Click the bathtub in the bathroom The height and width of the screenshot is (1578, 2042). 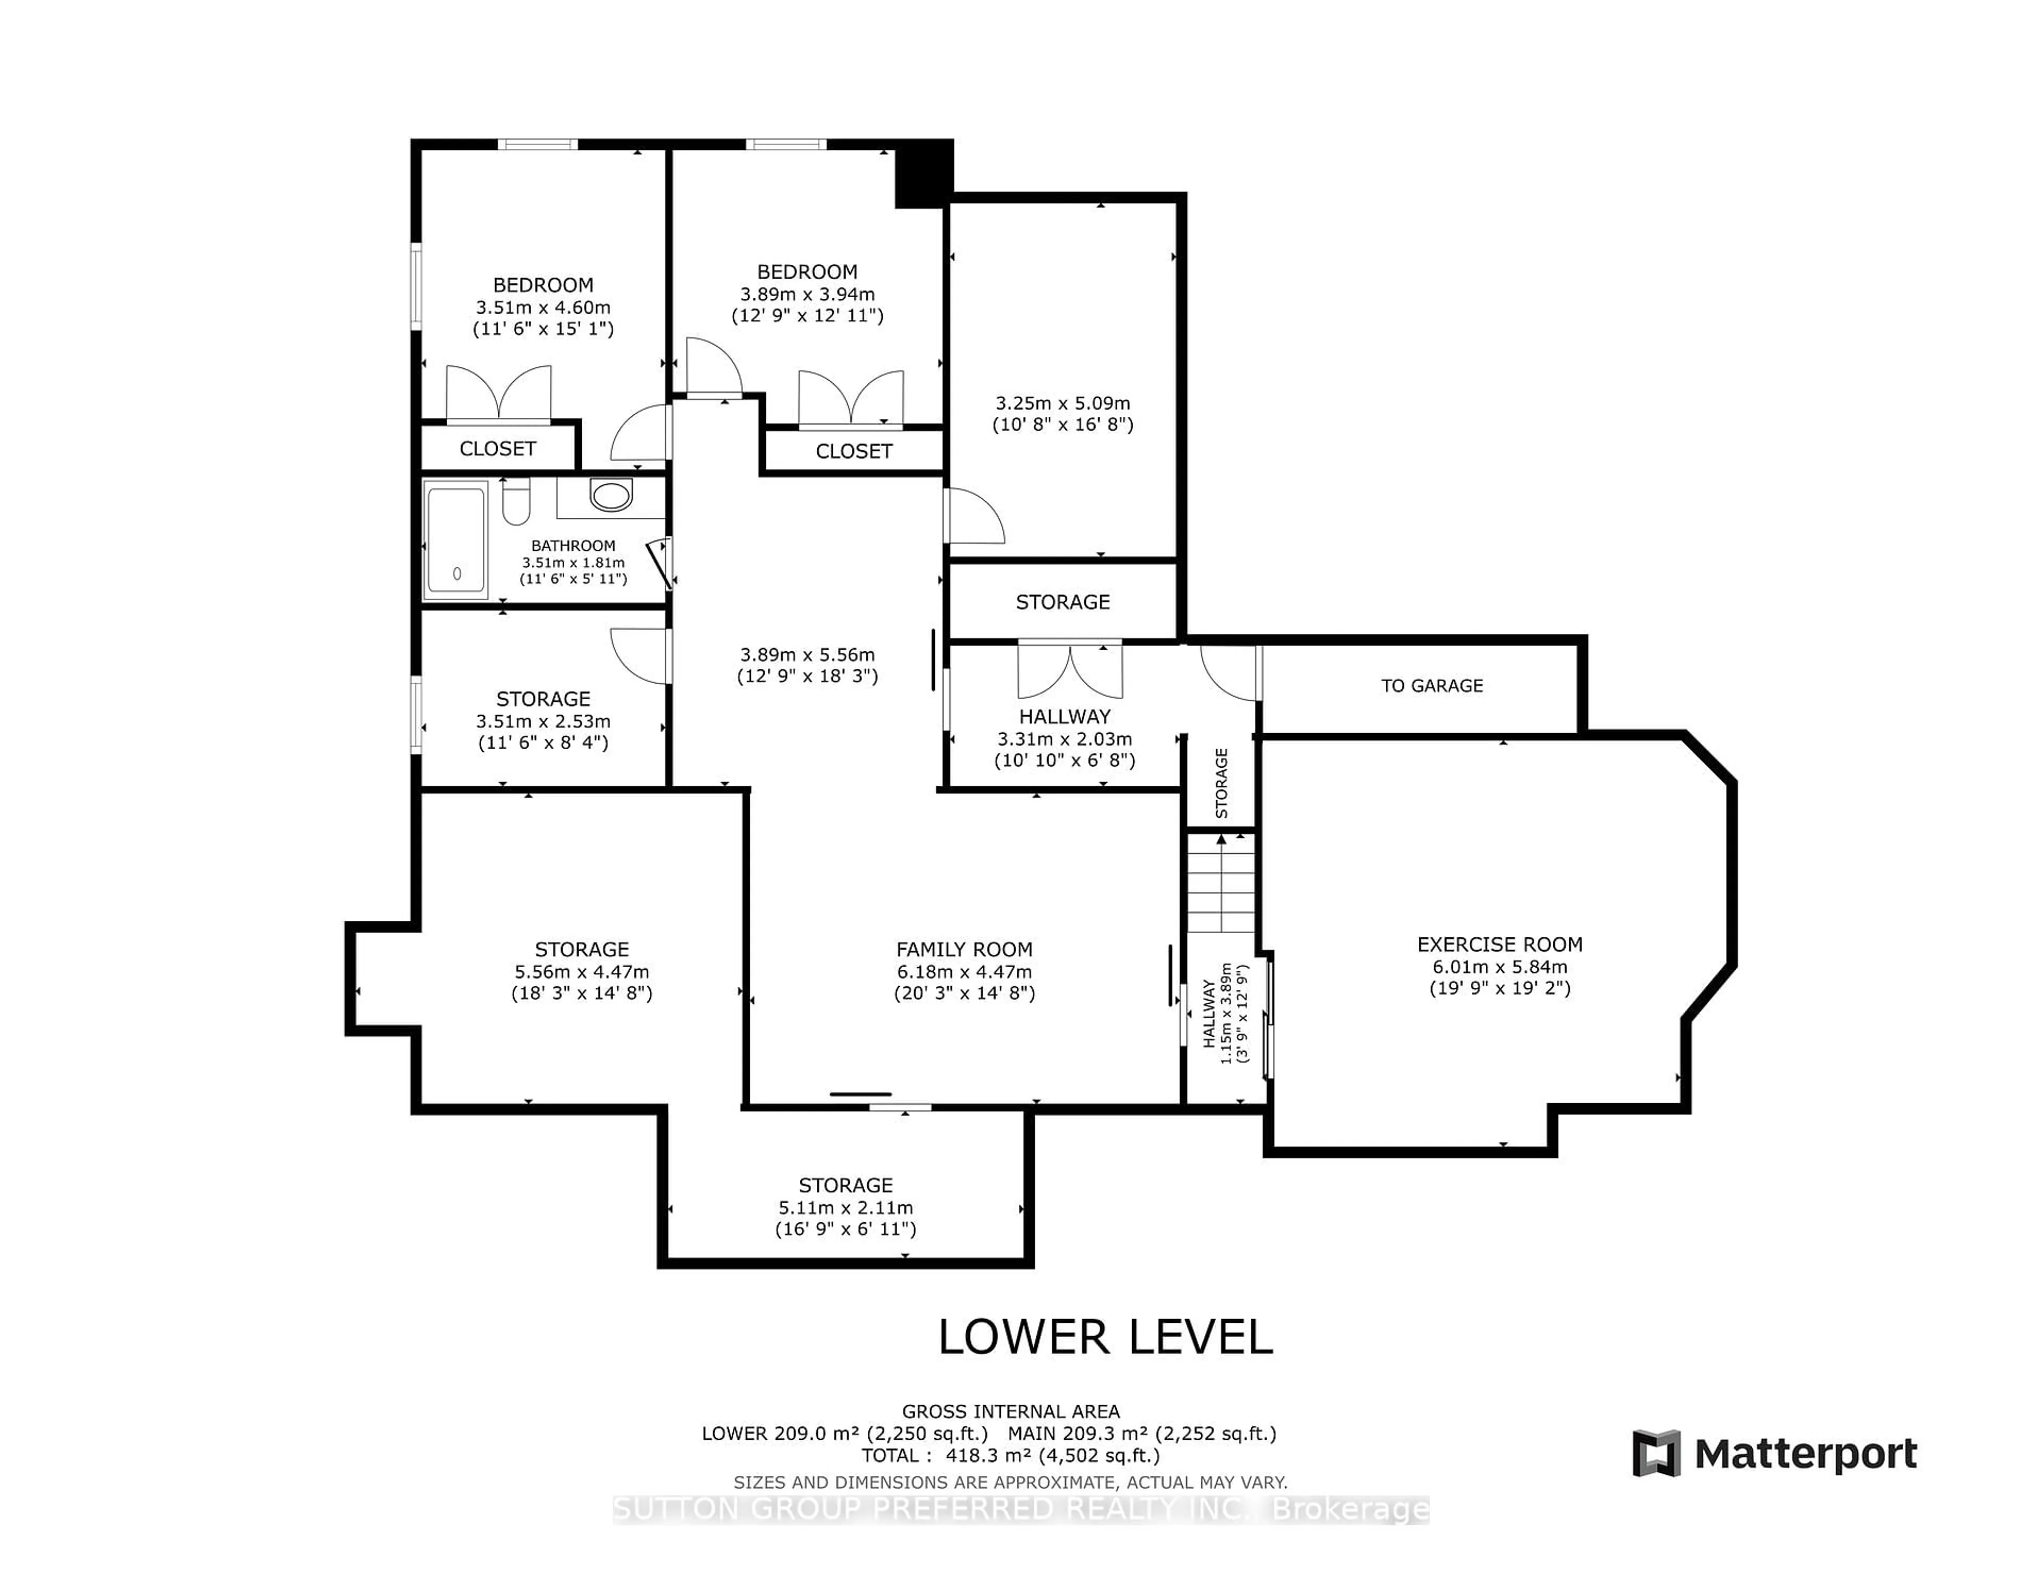(456, 540)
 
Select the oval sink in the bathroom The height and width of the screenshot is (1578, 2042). (612, 494)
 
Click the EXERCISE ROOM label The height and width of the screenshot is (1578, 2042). (1500, 945)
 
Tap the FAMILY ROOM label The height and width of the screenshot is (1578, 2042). (964, 950)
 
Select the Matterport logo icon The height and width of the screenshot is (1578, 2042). (1656, 1454)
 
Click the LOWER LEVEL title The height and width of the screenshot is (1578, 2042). (1105, 1338)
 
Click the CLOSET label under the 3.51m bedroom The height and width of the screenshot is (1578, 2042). (497, 449)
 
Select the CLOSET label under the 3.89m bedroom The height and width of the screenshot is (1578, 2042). (853, 451)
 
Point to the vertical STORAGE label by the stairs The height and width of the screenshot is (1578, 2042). (1221, 783)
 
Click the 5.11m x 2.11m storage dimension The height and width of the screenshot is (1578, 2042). (845, 1208)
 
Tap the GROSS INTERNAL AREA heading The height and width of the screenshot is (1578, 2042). (1011, 1412)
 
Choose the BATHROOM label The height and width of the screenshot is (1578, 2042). (573, 546)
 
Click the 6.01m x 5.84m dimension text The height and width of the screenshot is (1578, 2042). (1500, 968)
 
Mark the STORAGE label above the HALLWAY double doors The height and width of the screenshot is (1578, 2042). (1063, 602)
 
